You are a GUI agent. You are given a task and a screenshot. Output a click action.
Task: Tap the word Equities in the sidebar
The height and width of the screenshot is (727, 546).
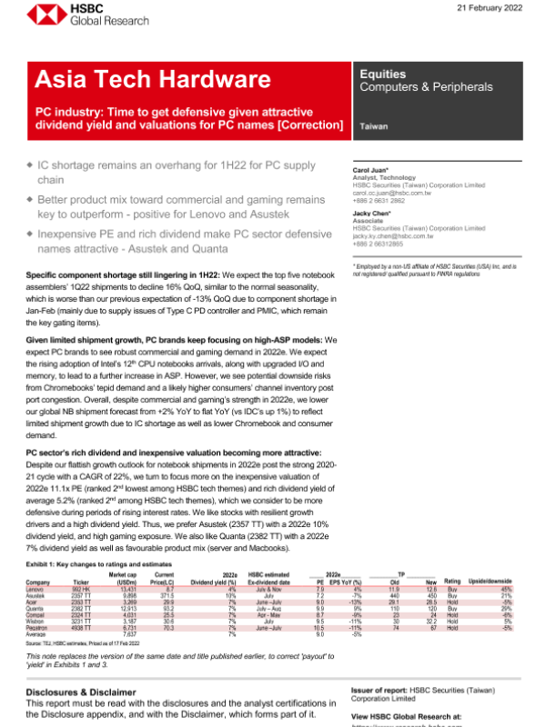click(382, 74)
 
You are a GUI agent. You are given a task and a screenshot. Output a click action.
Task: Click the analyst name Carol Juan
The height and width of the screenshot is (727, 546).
click(370, 170)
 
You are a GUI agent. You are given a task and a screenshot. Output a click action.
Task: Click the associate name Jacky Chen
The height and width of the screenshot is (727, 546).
click(371, 214)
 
